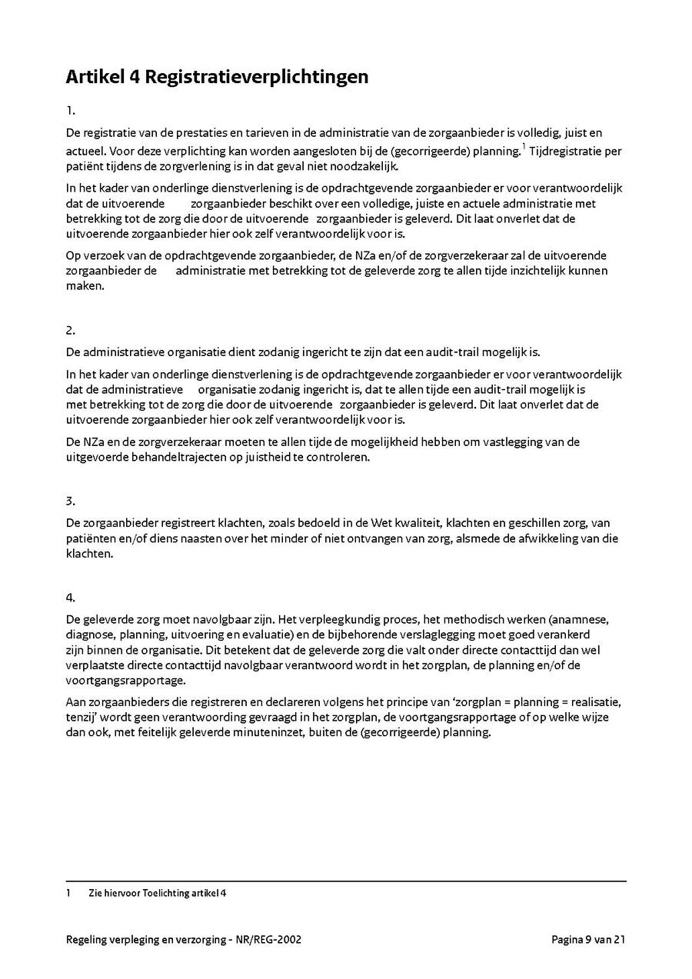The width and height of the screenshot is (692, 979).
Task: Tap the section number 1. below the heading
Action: click(x=70, y=111)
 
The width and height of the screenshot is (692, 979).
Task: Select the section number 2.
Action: click(x=70, y=331)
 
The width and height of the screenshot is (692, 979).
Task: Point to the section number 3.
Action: click(x=70, y=501)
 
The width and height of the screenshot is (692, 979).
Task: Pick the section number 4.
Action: click(x=70, y=597)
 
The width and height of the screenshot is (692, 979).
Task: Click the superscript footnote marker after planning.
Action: click(x=524, y=146)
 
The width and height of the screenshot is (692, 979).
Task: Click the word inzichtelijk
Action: click(x=538, y=271)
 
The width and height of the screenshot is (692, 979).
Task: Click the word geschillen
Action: click(x=549, y=524)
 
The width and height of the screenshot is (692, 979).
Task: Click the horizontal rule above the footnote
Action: click(x=346, y=881)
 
